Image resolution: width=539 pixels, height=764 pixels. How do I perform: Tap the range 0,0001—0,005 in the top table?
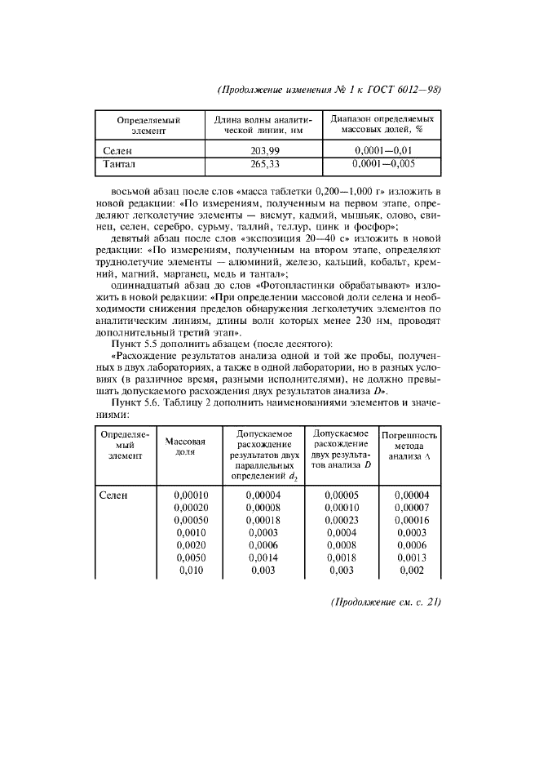click(x=382, y=164)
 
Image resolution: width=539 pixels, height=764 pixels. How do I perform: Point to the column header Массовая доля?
click(x=184, y=446)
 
